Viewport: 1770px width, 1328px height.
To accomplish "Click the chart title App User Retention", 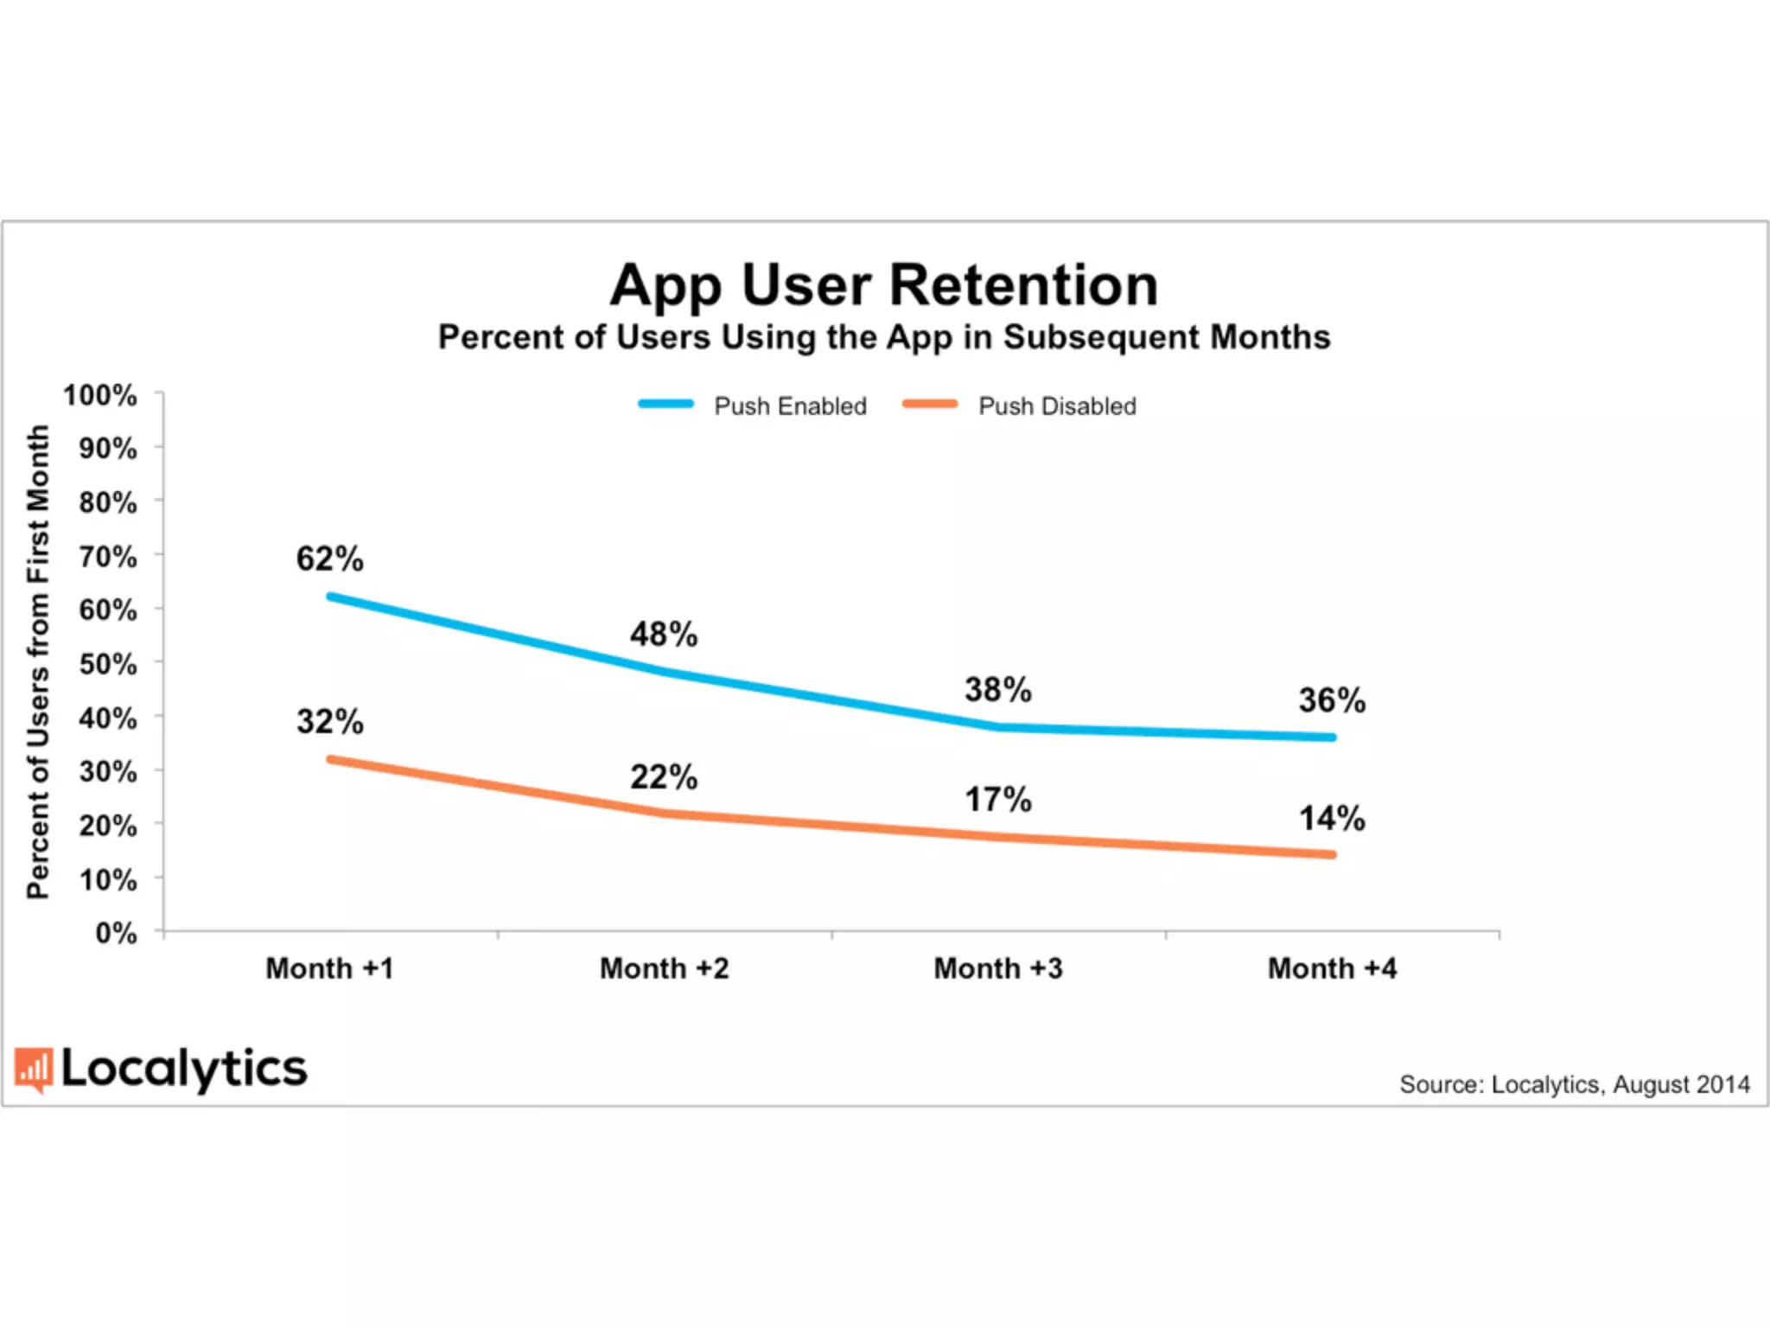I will coord(883,285).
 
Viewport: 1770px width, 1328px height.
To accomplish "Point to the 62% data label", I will coord(329,559).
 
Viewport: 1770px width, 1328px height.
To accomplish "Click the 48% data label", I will coord(663,634).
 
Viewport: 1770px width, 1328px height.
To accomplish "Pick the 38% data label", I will coord(998,690).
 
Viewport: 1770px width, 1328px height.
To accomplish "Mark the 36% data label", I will coord(1332,700).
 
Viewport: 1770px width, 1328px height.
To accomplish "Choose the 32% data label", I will coord(329,721).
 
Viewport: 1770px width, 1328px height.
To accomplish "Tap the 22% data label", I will coord(663,776).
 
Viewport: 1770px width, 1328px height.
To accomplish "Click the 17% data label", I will coord(998,800).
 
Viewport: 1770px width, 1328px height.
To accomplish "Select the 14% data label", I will coord(1332,818).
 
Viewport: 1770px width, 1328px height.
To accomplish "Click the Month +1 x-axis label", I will coord(329,968).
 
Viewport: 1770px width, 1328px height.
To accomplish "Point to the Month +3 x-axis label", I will coord(998,968).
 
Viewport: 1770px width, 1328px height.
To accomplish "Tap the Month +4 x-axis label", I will coord(1332,968).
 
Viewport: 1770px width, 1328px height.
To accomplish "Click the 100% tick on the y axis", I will coord(100,396).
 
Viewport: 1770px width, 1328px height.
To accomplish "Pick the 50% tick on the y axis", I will coord(108,664).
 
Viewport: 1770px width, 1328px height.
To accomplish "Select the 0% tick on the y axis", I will coord(116,933).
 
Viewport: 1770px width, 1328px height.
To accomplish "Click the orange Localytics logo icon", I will coord(34,1069).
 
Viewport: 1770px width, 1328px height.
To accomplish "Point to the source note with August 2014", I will coord(1574,1084).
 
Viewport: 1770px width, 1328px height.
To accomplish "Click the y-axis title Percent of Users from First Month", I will coord(38,661).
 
